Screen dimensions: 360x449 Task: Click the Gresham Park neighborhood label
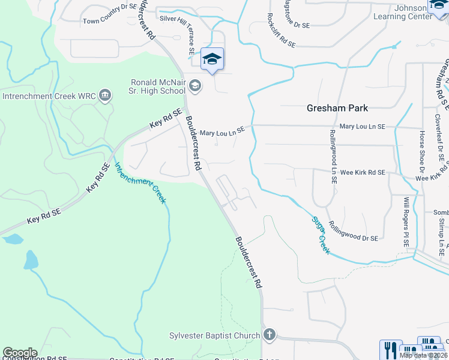click(x=337, y=108)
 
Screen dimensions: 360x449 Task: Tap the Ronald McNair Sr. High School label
click(x=158, y=87)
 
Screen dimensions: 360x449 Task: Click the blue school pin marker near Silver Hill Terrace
click(x=212, y=59)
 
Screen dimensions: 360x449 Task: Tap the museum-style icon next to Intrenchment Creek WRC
click(x=106, y=95)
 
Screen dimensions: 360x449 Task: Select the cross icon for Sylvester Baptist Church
click(x=270, y=335)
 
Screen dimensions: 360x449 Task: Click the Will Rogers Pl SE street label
click(x=406, y=223)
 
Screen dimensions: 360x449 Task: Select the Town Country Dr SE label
click(x=110, y=21)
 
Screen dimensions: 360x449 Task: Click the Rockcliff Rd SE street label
click(x=280, y=29)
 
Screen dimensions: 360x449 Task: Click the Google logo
click(x=20, y=353)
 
